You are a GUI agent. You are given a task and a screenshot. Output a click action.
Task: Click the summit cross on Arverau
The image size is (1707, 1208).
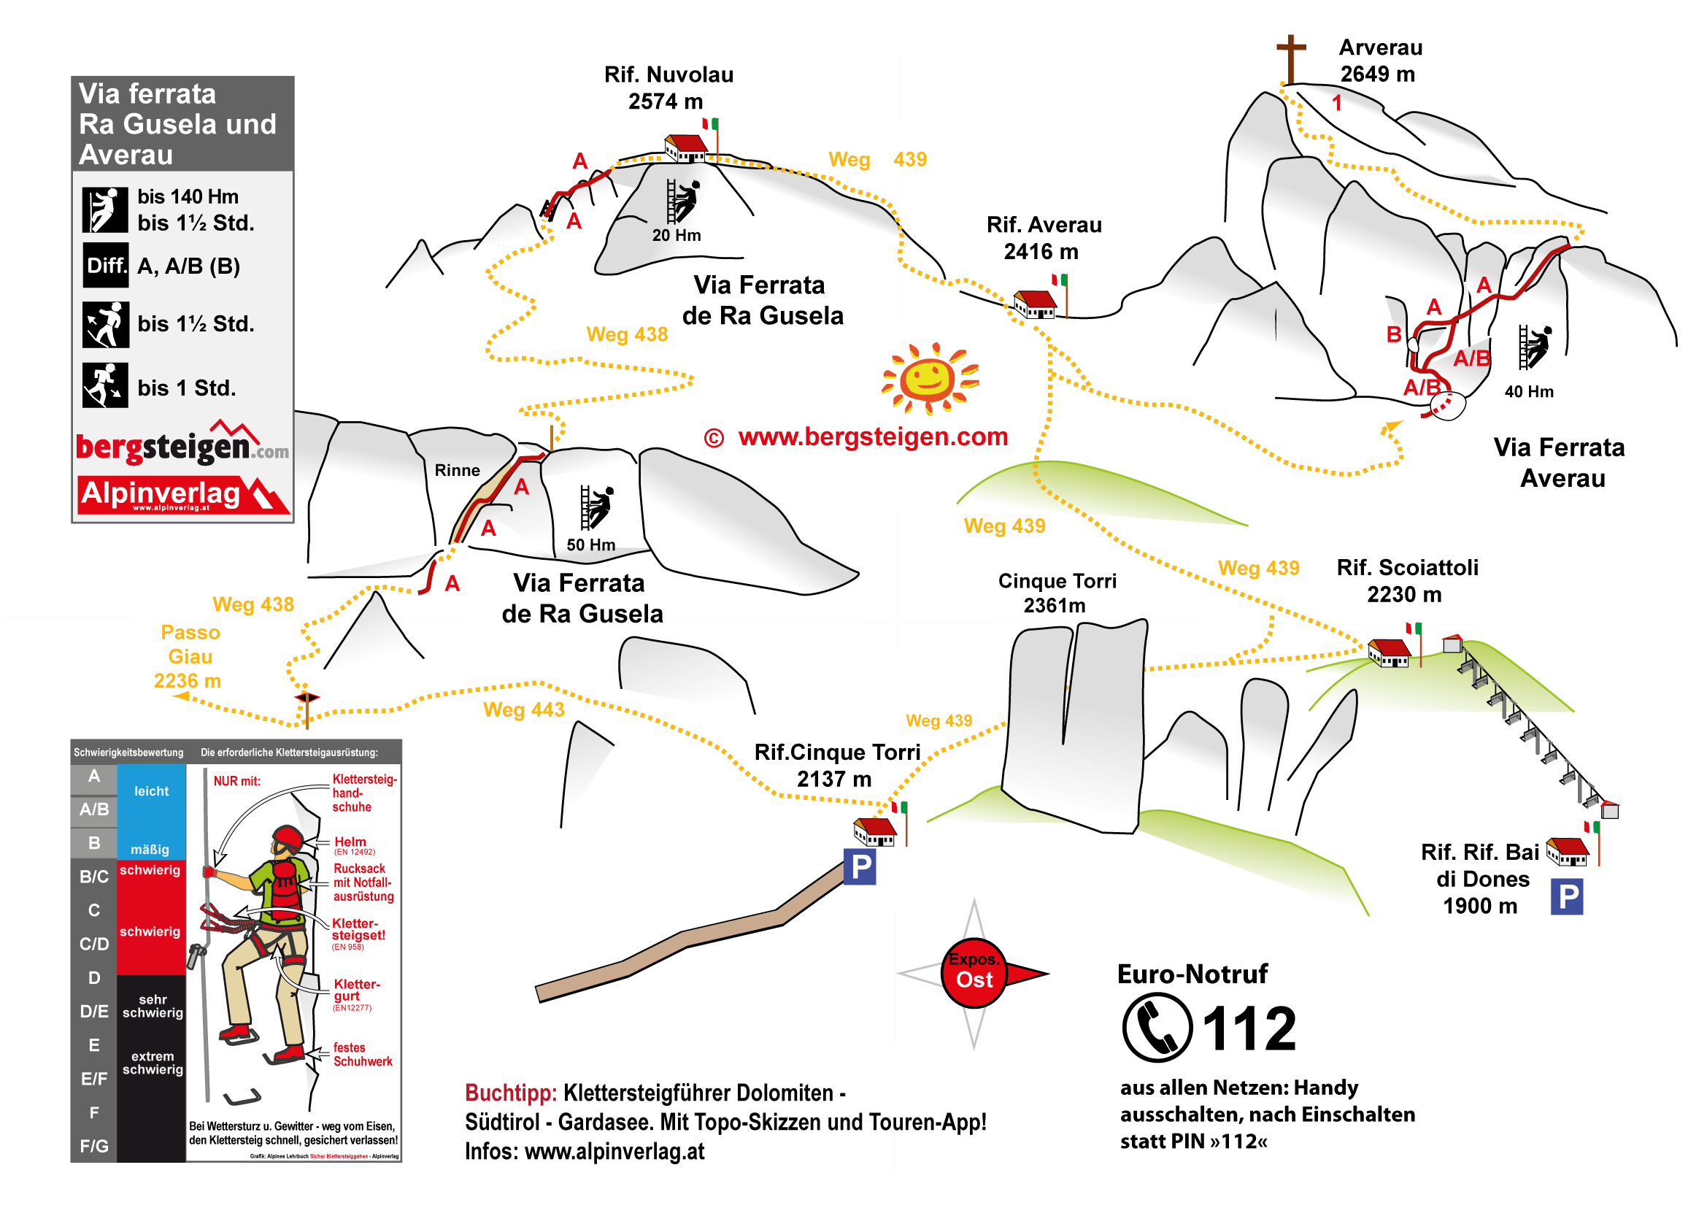tap(1290, 58)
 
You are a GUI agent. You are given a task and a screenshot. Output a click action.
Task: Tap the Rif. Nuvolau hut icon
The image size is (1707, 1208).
tap(685, 147)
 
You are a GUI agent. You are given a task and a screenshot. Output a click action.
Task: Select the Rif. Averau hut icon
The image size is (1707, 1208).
tap(1035, 304)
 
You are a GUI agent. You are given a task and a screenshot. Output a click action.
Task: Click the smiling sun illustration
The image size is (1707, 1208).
tap(929, 378)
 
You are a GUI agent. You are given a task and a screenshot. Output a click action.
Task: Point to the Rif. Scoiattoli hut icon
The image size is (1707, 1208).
tap(1389, 653)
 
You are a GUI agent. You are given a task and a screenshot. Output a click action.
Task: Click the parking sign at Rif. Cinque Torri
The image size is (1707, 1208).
tap(860, 866)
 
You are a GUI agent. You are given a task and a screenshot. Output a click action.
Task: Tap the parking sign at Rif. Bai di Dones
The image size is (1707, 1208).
tap(1566, 896)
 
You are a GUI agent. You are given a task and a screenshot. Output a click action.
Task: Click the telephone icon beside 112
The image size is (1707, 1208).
tap(1157, 1027)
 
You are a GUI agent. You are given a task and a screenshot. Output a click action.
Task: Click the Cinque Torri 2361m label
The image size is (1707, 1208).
tap(1056, 593)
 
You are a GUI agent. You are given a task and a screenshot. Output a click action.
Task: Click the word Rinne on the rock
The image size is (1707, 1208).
tap(457, 470)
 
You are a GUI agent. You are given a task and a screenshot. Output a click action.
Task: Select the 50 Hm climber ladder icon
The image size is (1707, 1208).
tap(596, 507)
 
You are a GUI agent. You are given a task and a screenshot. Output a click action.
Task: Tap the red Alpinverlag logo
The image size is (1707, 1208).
tap(182, 495)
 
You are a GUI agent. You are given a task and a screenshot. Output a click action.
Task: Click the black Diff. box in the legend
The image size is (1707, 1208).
tap(106, 266)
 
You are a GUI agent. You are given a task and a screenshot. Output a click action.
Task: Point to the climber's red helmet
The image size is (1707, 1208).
tap(288, 839)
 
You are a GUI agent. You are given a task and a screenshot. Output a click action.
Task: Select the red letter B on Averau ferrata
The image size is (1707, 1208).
tap(1394, 335)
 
